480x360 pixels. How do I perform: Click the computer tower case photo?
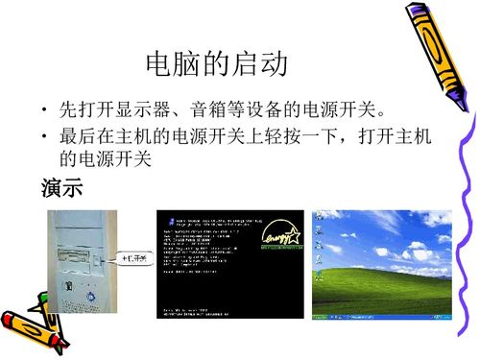[x=78, y=264]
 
